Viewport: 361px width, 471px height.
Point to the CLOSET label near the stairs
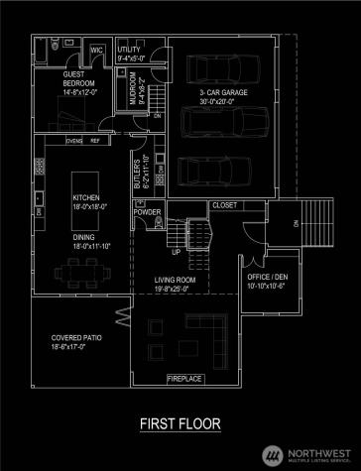[x=224, y=205]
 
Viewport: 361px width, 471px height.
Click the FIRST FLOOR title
[x=180, y=424]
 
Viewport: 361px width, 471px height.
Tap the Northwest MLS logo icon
[x=269, y=454]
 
